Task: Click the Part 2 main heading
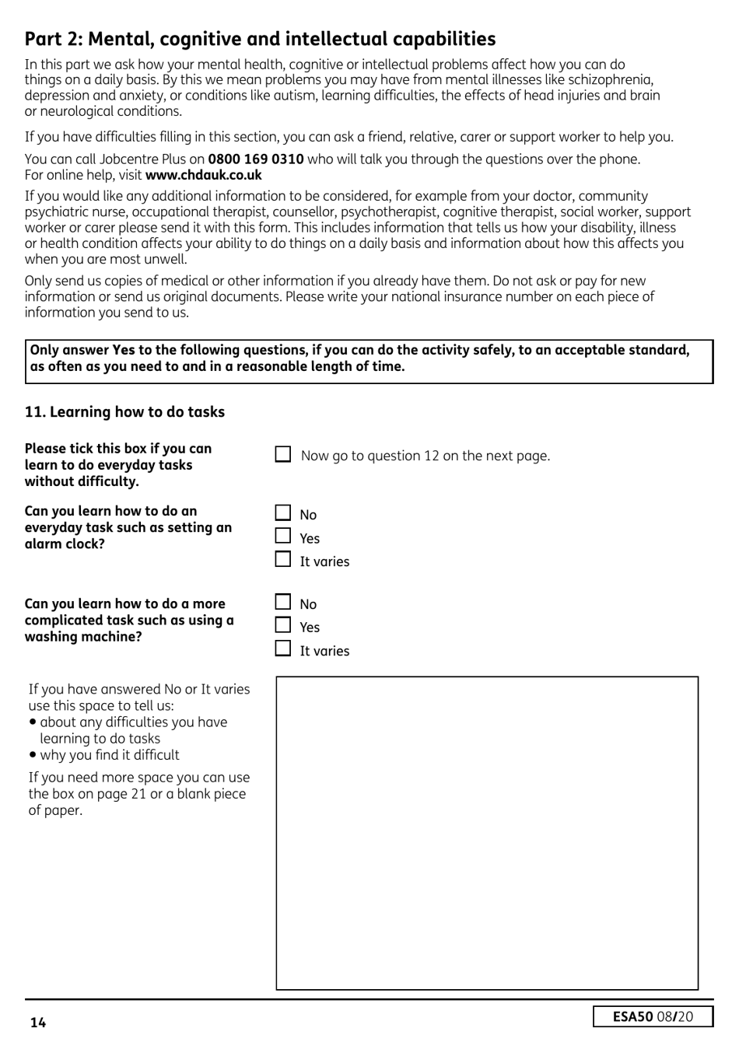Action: [260, 39]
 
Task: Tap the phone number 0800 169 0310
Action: [255, 159]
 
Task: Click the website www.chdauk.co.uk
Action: [203, 175]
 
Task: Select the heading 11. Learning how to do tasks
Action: [124, 412]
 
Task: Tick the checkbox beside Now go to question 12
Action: [283, 454]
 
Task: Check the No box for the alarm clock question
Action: [283, 513]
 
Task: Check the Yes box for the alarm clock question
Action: [283, 537]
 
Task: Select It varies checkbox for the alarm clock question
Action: [283, 560]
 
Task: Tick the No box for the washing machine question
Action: [283, 603]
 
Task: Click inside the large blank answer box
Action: [487, 833]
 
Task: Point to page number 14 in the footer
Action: [38, 1023]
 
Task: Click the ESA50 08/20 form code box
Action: [653, 1016]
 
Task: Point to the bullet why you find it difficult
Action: [109, 755]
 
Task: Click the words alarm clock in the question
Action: [65, 544]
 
